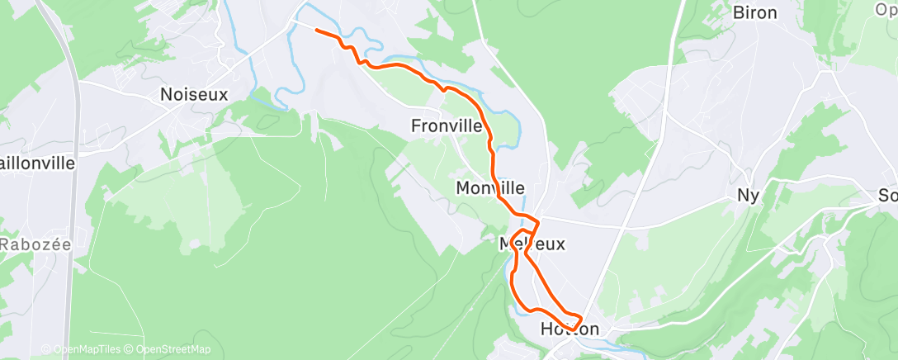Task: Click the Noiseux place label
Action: click(194, 95)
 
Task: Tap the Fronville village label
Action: click(446, 126)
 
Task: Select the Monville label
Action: click(490, 189)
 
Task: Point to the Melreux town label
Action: click(532, 244)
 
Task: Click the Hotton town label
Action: click(570, 329)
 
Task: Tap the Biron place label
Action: click(754, 12)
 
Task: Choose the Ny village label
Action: click(749, 196)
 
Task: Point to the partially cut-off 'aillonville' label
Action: click(37, 163)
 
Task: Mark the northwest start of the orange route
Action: click(317, 30)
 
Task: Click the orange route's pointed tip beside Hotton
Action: click(582, 318)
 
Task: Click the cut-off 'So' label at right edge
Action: click(888, 197)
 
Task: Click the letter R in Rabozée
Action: click(5, 244)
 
